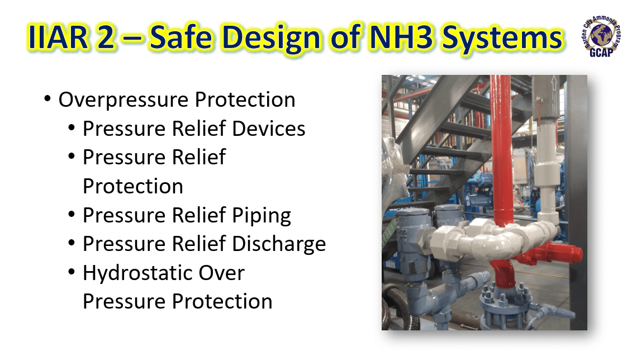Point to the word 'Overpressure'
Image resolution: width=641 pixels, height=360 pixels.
point(123,100)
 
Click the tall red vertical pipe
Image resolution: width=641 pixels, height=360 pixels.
point(501,140)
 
